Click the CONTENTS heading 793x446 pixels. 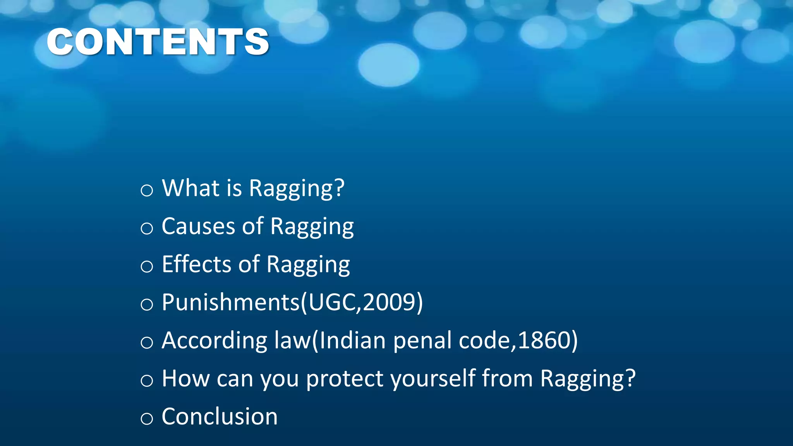pyautogui.click(x=158, y=42)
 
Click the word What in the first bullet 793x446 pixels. pyautogui.click(x=190, y=188)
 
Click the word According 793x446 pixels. pyautogui.click(x=215, y=340)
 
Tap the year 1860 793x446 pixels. pyautogui.click(x=544, y=340)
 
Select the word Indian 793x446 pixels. pyautogui.click(x=352, y=340)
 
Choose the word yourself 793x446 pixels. pyautogui.click(x=433, y=379)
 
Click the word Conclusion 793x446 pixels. pyautogui.click(x=220, y=417)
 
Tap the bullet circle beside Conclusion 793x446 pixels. pyautogui.click(x=147, y=419)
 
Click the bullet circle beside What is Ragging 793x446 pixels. pyautogui.click(x=147, y=190)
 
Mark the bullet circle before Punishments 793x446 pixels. pyautogui.click(x=147, y=304)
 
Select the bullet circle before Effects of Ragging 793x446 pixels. pyautogui.click(x=147, y=266)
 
